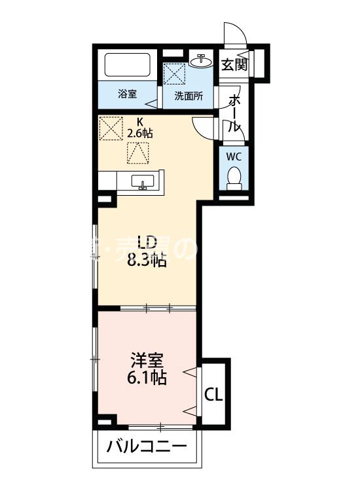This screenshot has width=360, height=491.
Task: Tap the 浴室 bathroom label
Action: click(x=128, y=94)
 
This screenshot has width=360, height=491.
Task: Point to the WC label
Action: click(x=234, y=157)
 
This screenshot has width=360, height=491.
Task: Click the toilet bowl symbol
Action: click(x=234, y=177)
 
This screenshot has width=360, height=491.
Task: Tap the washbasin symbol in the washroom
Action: click(x=202, y=61)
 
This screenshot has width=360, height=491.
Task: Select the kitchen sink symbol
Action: click(x=143, y=181)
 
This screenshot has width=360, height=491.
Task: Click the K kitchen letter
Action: click(x=139, y=121)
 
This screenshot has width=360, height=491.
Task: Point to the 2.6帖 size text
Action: click(x=140, y=133)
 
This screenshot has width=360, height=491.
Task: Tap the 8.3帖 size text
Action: click(x=147, y=261)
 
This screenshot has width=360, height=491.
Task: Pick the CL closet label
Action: click(x=214, y=395)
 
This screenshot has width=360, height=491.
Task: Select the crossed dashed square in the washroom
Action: click(x=174, y=73)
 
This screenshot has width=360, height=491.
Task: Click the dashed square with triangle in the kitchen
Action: click(x=138, y=153)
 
